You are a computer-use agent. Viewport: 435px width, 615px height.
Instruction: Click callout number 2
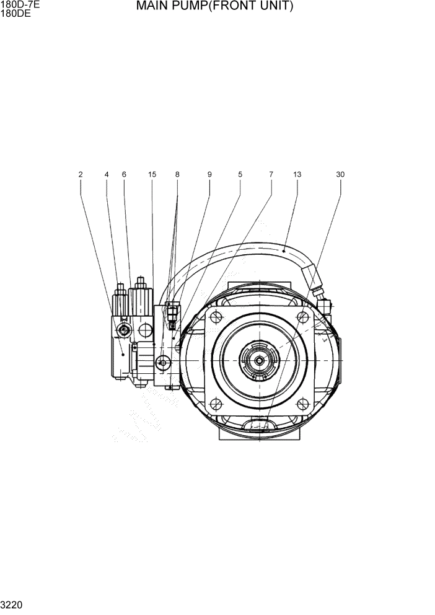click(81, 175)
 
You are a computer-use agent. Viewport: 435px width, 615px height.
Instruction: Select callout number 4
click(107, 175)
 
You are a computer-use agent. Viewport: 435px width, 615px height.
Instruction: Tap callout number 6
click(124, 175)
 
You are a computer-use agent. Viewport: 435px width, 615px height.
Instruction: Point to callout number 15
click(152, 175)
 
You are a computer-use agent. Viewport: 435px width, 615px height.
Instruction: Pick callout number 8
click(177, 175)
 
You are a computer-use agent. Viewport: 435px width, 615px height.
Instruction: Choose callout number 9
click(209, 175)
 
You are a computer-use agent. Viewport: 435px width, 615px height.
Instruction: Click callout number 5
click(240, 175)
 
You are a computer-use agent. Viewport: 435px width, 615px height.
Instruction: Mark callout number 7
click(271, 175)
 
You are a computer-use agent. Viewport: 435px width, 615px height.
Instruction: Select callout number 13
click(297, 175)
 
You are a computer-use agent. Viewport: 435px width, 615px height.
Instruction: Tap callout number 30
click(340, 175)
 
